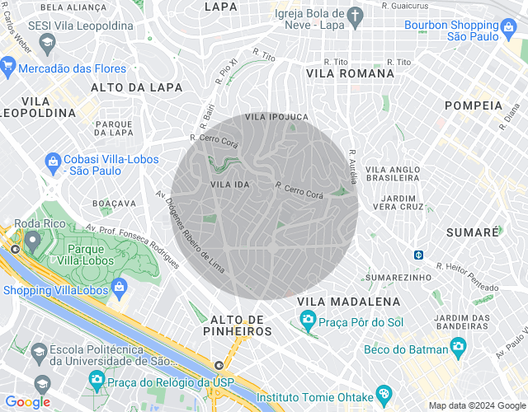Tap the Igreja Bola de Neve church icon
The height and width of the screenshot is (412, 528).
(355, 16)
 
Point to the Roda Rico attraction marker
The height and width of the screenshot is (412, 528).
(33, 241)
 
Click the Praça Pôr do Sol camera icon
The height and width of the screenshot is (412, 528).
(307, 319)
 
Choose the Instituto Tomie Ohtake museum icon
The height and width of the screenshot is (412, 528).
(382, 393)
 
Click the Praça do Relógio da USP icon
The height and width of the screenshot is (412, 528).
(97, 379)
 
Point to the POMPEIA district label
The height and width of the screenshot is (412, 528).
(473, 105)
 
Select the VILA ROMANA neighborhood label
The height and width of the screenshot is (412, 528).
(350, 73)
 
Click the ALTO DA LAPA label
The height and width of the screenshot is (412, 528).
(125, 87)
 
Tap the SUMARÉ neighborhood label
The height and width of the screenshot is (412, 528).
(473, 232)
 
